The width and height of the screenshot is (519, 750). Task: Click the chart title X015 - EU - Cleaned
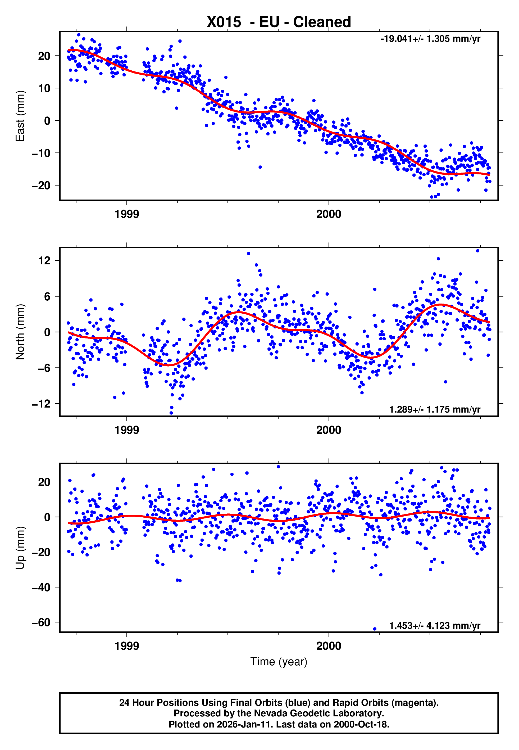(x=279, y=22)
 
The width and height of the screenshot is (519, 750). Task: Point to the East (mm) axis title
(x=20, y=116)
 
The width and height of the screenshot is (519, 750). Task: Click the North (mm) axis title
(x=20, y=332)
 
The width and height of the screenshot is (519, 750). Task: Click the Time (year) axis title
(x=279, y=662)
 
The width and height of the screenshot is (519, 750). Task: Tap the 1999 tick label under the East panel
(x=126, y=214)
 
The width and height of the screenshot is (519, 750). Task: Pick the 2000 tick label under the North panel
(x=329, y=430)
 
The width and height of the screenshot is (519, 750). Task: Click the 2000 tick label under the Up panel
(x=329, y=646)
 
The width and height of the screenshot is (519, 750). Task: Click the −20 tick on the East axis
(x=41, y=186)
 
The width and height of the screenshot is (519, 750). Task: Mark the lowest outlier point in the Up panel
(x=375, y=629)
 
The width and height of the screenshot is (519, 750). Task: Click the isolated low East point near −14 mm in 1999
(x=260, y=167)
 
